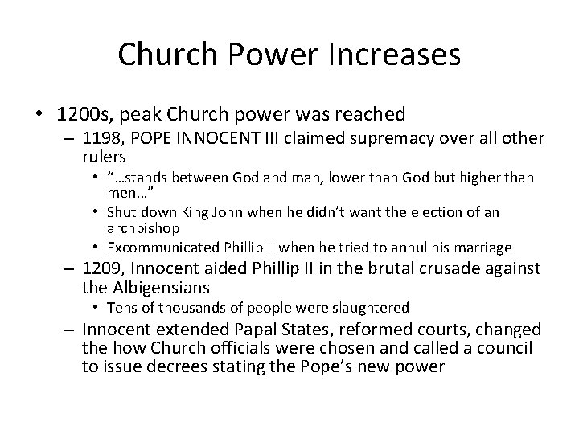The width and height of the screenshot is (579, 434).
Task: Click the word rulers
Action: (x=105, y=157)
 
